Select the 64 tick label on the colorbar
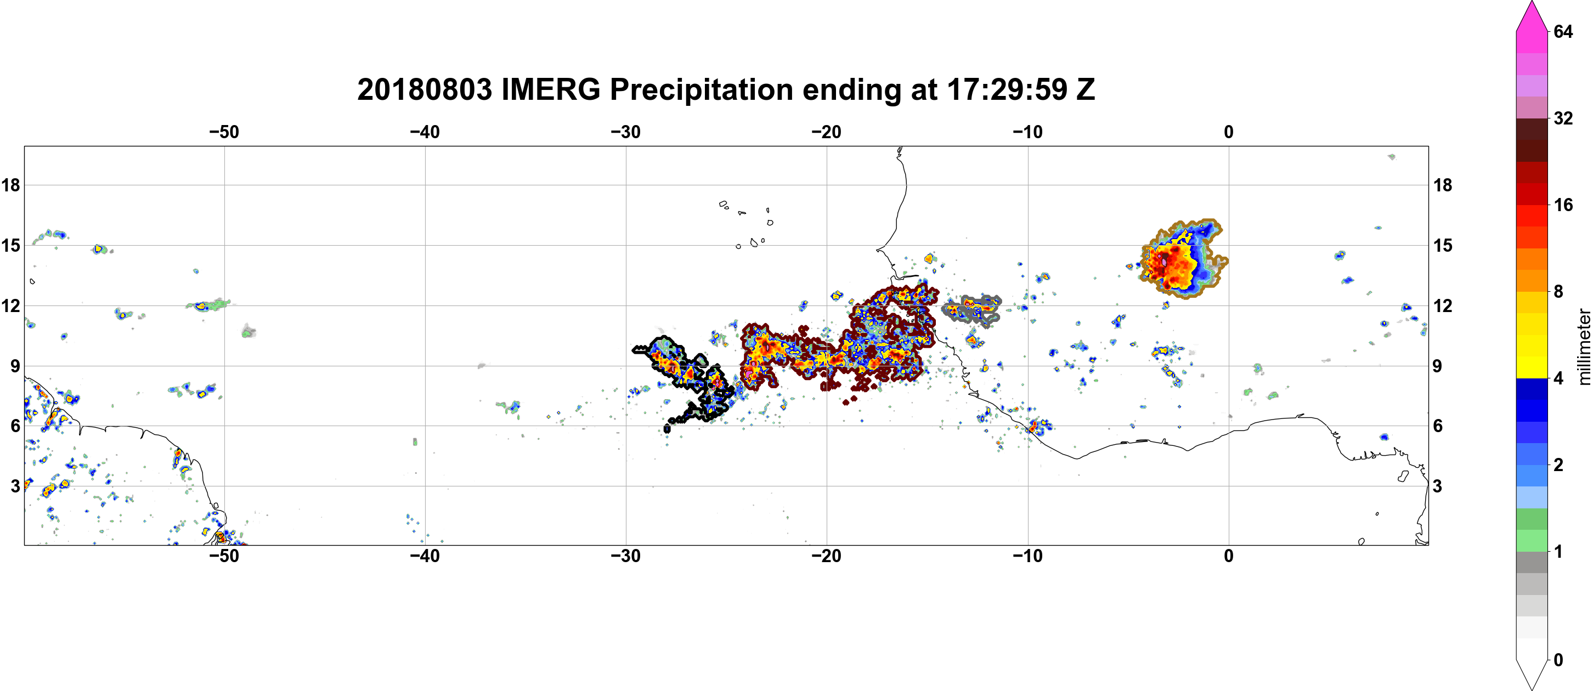(1563, 31)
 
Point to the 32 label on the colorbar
(1563, 118)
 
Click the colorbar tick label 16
(1563, 205)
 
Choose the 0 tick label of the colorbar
(1558, 660)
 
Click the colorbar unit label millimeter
(1584, 347)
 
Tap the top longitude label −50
(224, 132)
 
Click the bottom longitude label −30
(626, 556)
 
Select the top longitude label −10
(1028, 132)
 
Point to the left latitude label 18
(10, 185)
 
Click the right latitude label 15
(1443, 245)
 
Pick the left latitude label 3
(15, 486)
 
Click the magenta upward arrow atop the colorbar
(1532, 16)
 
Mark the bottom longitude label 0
(1229, 556)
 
